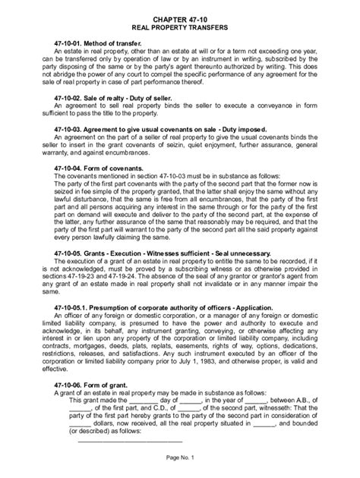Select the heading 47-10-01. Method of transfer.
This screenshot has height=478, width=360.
pyautogui.click(x=103, y=44)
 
